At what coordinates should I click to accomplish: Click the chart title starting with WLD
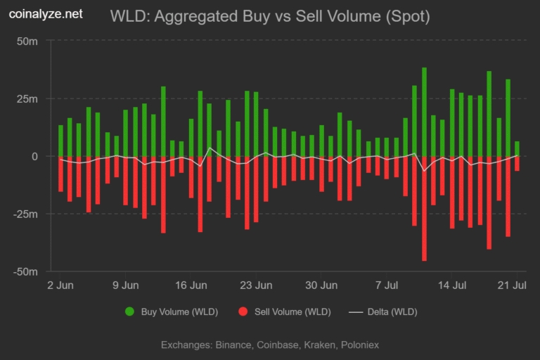click(270, 15)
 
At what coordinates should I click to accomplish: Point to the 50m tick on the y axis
click(27, 41)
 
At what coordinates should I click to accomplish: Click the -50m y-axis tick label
click(25, 271)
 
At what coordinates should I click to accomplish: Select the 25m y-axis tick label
click(27, 98)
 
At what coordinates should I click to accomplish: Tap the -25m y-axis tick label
click(25, 214)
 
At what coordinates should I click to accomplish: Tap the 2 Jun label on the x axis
click(60, 285)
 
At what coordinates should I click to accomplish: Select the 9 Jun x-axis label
click(126, 285)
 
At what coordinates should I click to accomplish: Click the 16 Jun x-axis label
click(191, 285)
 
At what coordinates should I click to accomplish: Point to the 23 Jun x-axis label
click(257, 285)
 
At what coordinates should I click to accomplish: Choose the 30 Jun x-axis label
click(322, 285)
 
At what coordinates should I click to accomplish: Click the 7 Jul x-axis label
click(387, 285)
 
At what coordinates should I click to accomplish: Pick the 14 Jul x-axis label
click(452, 285)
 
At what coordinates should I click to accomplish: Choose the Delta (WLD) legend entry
click(384, 311)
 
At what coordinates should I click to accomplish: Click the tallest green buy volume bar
click(424, 112)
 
